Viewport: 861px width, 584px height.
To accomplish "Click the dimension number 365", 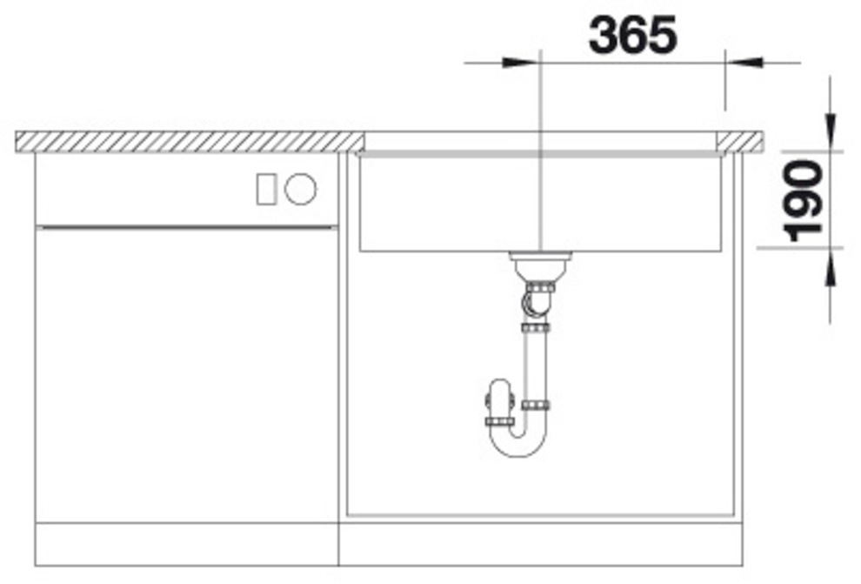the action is point(632,35).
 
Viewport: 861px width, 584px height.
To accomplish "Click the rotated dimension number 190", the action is point(804,200).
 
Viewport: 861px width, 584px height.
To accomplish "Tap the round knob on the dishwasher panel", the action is point(300,189).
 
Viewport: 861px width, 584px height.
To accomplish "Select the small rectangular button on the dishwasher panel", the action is point(266,189).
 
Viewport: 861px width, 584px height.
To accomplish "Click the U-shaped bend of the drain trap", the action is point(517,442).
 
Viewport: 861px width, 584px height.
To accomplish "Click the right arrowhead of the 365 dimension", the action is point(744,62).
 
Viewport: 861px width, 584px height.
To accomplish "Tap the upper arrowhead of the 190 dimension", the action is point(830,131).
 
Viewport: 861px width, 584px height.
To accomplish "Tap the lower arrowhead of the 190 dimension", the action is point(830,267).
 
